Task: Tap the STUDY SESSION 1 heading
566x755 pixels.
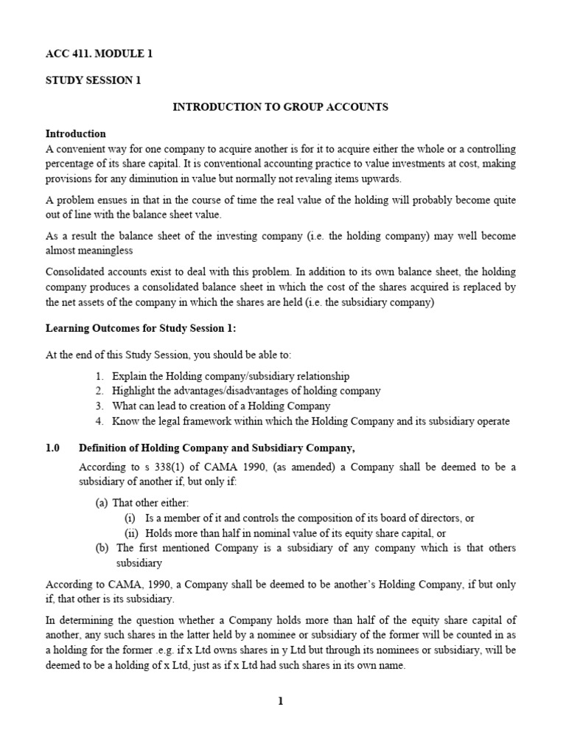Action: (x=93, y=80)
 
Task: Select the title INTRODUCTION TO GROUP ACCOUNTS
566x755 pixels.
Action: (x=280, y=107)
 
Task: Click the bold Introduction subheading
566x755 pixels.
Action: (x=76, y=133)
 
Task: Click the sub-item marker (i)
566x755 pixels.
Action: (x=130, y=518)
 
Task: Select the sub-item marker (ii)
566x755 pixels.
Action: (x=131, y=533)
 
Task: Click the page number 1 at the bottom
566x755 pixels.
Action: (x=280, y=701)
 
